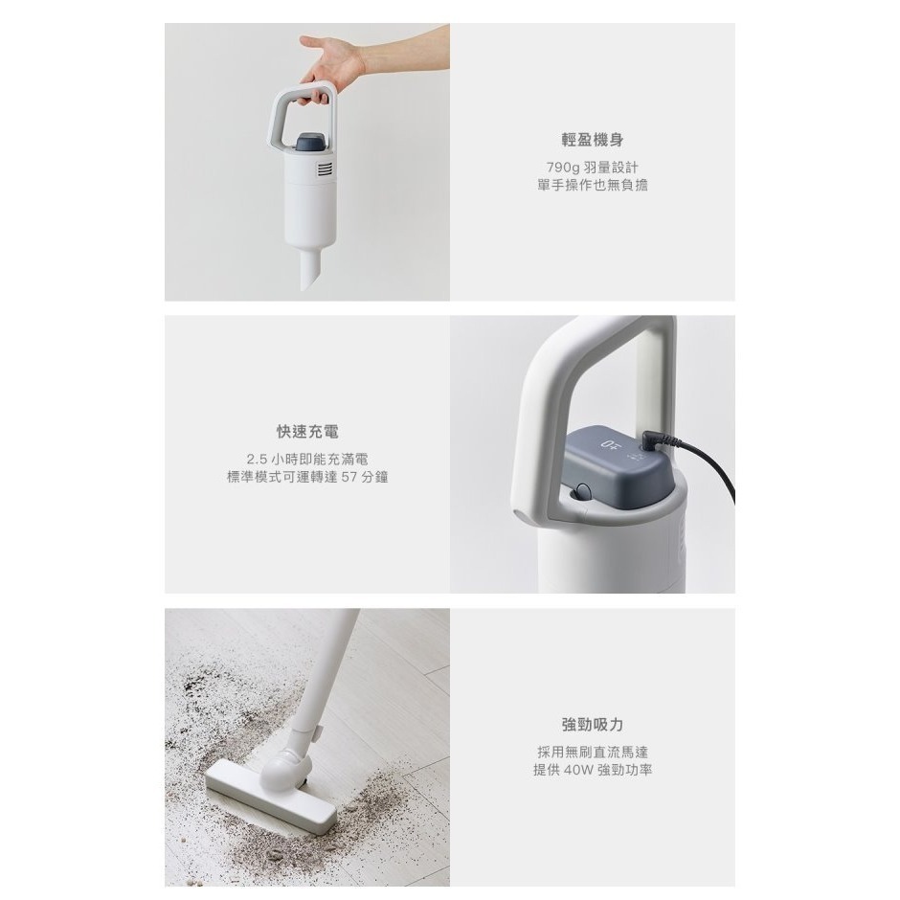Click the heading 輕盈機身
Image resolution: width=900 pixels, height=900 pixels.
click(x=593, y=140)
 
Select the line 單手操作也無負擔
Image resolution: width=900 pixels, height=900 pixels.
click(x=593, y=185)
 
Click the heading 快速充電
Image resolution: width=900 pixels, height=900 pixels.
click(x=306, y=433)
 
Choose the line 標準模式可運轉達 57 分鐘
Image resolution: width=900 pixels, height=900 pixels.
click(x=306, y=477)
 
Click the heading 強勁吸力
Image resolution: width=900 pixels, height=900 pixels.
click(x=593, y=725)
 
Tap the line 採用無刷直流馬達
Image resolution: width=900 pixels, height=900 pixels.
click(x=593, y=753)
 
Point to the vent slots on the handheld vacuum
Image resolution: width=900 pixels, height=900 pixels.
click(x=325, y=171)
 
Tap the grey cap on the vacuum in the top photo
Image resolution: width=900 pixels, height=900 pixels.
click(x=311, y=142)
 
